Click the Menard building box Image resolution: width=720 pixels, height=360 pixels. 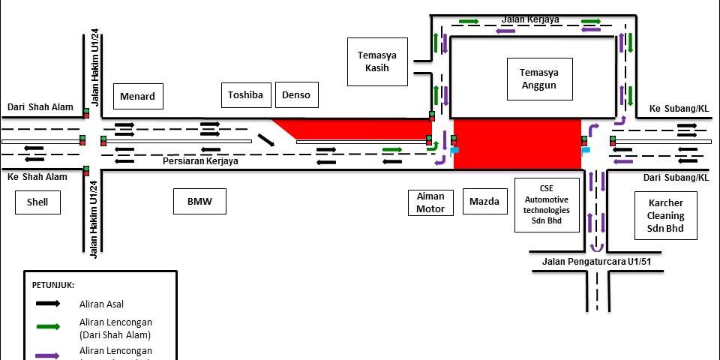click(138, 96)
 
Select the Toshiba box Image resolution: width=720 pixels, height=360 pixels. click(245, 94)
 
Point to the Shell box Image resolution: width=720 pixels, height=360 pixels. click(37, 202)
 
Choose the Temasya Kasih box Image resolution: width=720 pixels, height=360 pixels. click(377, 61)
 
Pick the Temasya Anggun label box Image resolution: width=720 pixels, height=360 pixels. click(539, 79)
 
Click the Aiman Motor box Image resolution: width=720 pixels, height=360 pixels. click(430, 202)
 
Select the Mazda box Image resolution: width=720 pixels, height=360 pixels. click(484, 201)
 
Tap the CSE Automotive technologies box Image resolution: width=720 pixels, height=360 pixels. click(547, 205)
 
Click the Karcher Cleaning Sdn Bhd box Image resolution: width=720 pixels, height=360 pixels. click(666, 215)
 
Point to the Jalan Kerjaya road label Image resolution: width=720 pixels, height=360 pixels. click(531, 19)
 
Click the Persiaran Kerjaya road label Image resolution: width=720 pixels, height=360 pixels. click(201, 161)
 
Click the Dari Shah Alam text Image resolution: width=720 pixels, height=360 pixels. click(40, 107)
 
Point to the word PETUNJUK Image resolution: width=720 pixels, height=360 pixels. click(53, 285)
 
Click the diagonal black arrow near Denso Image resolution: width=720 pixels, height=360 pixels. click(265, 140)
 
